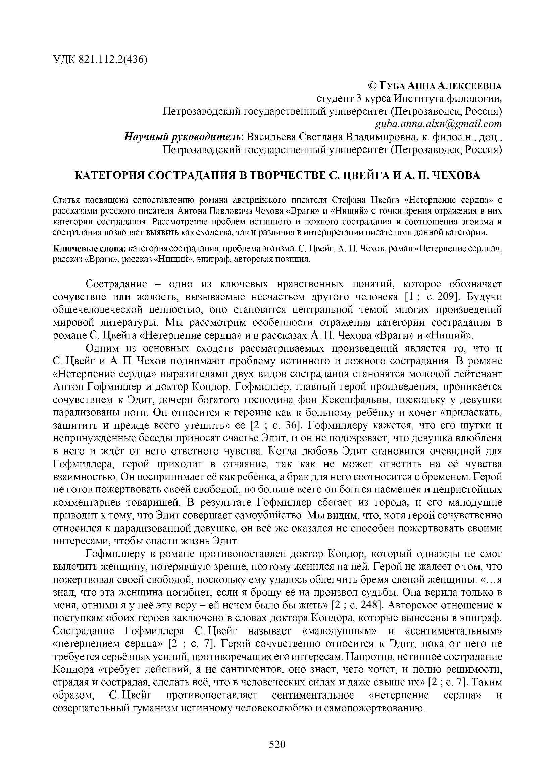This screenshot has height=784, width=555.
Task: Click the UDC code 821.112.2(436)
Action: click(x=113, y=59)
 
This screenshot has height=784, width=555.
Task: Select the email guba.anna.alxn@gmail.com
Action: click(x=438, y=124)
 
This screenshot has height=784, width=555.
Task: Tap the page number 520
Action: click(x=277, y=744)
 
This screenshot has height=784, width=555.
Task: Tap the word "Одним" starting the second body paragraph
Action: click(x=102, y=348)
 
